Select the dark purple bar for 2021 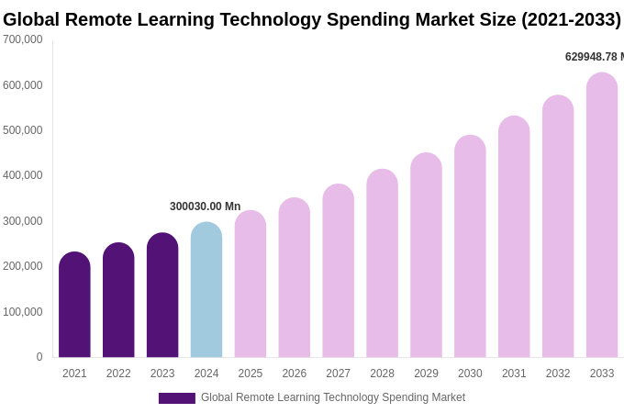pyautogui.click(x=74, y=305)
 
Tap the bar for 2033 pyautogui.click(x=602, y=216)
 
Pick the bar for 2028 pyautogui.click(x=382, y=263)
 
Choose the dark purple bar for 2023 pyautogui.click(x=162, y=296)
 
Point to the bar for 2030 pyautogui.click(x=470, y=247)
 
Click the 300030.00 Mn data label pyautogui.click(x=205, y=206)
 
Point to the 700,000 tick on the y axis pyautogui.click(x=23, y=39)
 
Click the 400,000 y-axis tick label pyautogui.click(x=23, y=175)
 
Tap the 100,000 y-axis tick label pyautogui.click(x=23, y=312)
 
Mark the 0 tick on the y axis pyautogui.click(x=39, y=357)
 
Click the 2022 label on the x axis pyautogui.click(x=118, y=374)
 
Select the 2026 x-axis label pyautogui.click(x=295, y=374)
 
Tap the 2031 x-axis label pyautogui.click(x=514, y=374)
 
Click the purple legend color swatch pyautogui.click(x=176, y=398)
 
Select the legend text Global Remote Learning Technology pyautogui.click(x=294, y=397)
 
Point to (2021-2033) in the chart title pyautogui.click(x=571, y=19)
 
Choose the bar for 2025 pyautogui.click(x=251, y=285)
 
